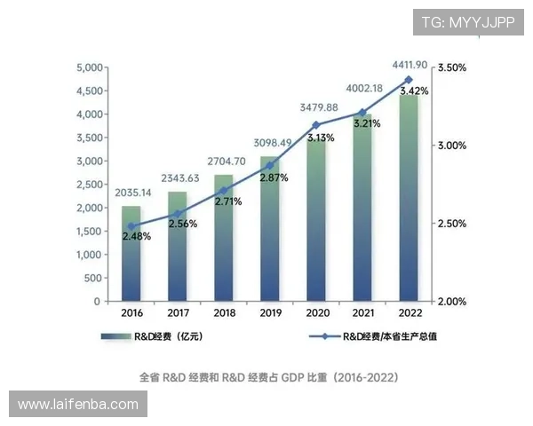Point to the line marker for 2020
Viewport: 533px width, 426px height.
316,125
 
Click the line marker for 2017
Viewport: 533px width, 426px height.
178,214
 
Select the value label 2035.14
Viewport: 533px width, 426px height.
132,193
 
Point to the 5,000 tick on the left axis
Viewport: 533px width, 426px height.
90,68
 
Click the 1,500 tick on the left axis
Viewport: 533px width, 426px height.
90,231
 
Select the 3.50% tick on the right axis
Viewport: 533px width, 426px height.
453,68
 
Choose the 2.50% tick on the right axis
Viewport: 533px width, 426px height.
453,224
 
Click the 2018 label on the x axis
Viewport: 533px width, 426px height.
224,312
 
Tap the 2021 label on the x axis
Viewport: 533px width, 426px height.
362,312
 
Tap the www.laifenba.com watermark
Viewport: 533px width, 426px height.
78,405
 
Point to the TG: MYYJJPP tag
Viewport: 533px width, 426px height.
467,21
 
